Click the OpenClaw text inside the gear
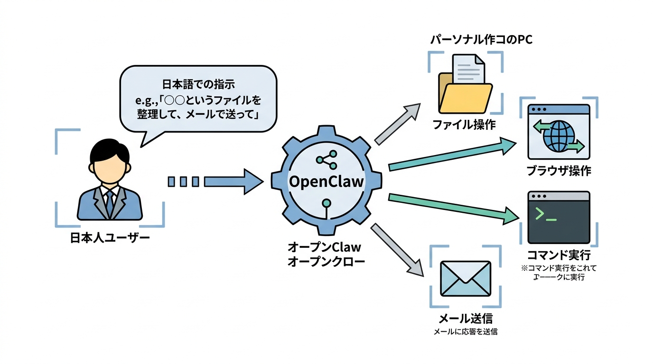pos(326,182)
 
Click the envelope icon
pos(465,279)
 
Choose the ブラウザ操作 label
pos(559,171)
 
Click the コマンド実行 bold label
pos(559,255)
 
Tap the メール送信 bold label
pos(465,318)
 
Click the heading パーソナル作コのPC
pos(481,40)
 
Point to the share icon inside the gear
pos(326,160)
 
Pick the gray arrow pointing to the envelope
pos(398,249)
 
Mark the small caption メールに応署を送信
pos(465,332)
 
